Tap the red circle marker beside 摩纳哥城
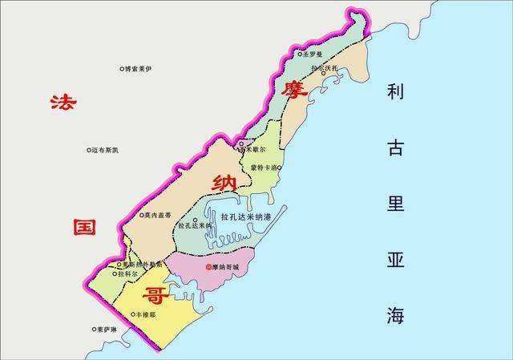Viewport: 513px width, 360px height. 208,266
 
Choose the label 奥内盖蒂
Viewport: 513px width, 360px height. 158,215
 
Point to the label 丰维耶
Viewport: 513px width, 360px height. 147,315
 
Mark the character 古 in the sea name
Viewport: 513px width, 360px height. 394,148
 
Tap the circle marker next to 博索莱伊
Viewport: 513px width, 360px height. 121,70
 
